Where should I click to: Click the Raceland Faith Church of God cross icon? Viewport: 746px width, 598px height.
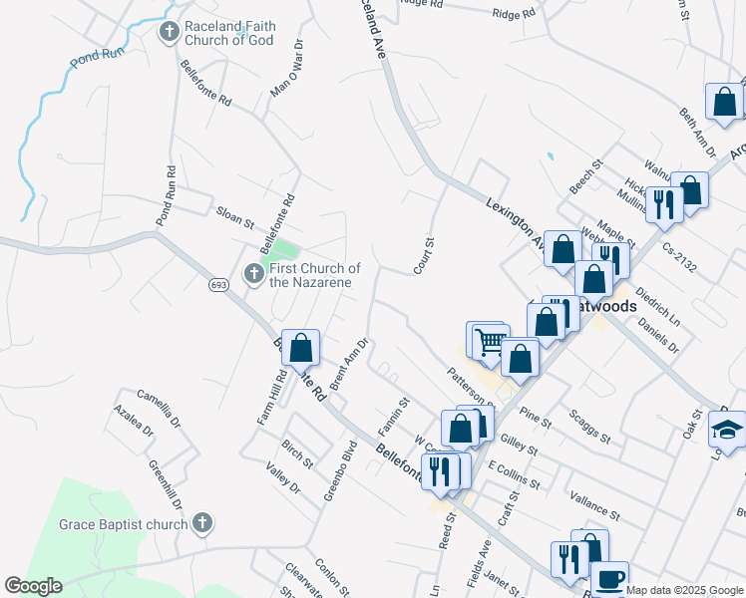pyautogui.click(x=170, y=33)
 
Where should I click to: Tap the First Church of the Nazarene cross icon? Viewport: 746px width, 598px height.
pyautogui.click(x=254, y=272)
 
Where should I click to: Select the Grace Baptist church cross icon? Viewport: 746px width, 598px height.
pyautogui.click(x=202, y=522)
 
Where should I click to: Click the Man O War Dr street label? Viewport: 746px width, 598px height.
pyautogui.click(x=285, y=72)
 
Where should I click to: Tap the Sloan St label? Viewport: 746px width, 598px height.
pyautogui.click(x=236, y=215)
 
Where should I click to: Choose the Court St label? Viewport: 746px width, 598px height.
pyautogui.click(x=425, y=256)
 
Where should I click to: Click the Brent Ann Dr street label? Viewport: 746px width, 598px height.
pyautogui.click(x=350, y=364)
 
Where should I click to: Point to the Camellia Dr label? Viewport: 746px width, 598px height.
pyautogui.click(x=160, y=408)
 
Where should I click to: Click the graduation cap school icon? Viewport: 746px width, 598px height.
pyautogui.click(x=727, y=431)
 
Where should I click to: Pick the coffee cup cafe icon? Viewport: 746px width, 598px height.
pyautogui.click(x=608, y=578)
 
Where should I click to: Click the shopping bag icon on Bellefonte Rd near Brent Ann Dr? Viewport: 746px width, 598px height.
pyautogui.click(x=300, y=348)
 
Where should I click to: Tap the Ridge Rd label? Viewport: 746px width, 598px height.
pyautogui.click(x=514, y=13)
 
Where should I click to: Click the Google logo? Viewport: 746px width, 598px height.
pyautogui.click(x=33, y=586)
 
